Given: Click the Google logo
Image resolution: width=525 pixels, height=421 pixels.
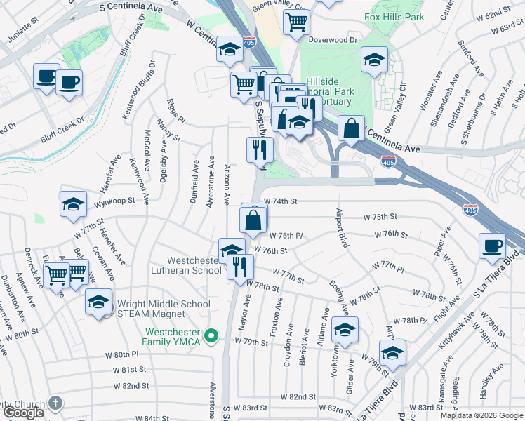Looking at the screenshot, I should (x=22, y=413).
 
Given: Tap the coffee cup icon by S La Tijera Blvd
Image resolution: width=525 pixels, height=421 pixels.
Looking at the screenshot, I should (x=492, y=246).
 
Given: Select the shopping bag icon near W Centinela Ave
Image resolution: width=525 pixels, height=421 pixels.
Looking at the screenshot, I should (x=351, y=128).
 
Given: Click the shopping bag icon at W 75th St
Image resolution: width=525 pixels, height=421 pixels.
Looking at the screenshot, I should (x=253, y=220).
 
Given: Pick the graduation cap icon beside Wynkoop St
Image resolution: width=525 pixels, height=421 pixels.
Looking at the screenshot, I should (x=73, y=204).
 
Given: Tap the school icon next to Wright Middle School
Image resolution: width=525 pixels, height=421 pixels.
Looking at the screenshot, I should (x=98, y=302).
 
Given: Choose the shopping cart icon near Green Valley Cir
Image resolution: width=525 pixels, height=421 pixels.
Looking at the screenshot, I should (x=296, y=22).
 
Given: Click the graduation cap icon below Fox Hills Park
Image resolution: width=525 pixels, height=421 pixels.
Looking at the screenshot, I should (x=375, y=60).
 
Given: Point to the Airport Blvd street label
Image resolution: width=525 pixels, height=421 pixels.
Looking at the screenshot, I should (x=341, y=227).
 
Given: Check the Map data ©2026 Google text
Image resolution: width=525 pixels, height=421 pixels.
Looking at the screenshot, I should (x=482, y=415).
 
